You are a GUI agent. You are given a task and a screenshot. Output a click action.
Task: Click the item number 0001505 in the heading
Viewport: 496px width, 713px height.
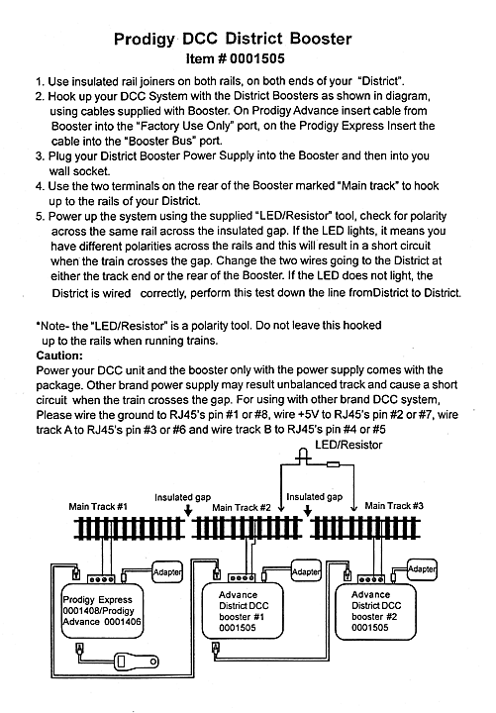257,58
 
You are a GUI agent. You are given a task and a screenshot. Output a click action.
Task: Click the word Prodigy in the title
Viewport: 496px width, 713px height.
145,39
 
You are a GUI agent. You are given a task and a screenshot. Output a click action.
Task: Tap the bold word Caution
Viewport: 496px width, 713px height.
59,356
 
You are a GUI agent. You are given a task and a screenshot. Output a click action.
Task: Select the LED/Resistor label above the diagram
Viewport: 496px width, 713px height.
348,445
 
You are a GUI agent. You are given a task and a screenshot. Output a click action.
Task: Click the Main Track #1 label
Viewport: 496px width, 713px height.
98,507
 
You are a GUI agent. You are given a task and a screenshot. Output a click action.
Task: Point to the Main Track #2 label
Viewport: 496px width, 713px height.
241,507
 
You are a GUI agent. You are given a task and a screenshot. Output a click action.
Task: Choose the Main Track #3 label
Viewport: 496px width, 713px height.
394,506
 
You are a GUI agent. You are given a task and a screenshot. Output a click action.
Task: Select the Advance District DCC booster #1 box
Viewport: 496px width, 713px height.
243,611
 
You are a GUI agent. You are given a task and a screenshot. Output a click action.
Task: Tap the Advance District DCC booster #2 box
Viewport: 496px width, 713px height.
375,611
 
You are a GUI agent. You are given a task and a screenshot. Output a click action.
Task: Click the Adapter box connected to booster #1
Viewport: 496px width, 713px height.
306,571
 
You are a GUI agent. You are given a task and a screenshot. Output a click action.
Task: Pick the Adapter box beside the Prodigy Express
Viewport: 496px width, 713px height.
167,572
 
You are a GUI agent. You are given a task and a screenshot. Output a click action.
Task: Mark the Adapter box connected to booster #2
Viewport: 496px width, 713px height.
422,568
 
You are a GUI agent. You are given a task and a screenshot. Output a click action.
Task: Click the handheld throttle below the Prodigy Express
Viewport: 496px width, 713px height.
136,661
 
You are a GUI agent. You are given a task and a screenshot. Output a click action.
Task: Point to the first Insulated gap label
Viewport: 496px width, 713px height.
183,497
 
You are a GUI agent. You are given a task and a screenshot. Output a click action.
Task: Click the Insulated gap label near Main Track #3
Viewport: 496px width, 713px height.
314,496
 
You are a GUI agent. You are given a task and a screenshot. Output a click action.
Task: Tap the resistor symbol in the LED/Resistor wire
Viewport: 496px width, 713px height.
333,464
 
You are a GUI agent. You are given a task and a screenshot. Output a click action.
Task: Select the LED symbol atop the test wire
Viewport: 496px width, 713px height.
303,457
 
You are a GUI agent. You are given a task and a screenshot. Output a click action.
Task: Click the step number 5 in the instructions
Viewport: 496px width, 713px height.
39,217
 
